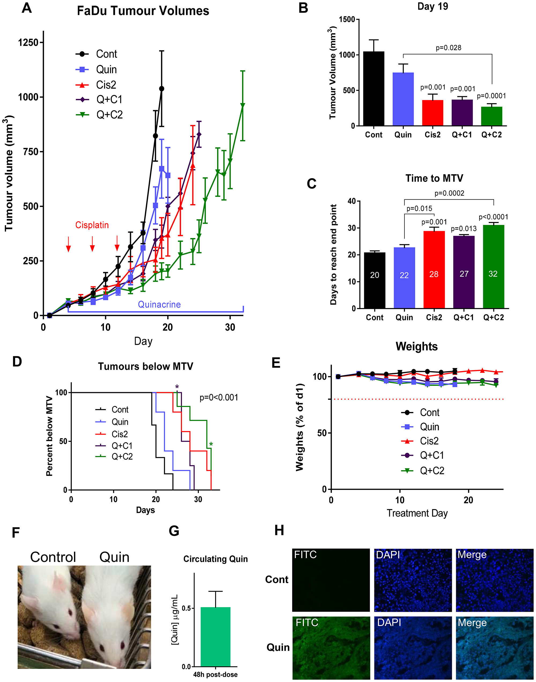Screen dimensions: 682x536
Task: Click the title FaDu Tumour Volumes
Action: (143, 11)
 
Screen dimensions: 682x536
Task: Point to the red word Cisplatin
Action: (92, 225)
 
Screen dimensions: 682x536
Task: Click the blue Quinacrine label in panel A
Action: (159, 305)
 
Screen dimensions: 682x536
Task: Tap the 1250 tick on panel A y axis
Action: (28, 42)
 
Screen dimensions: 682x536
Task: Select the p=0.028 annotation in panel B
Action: (448, 48)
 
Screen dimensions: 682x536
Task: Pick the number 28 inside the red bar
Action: (434, 274)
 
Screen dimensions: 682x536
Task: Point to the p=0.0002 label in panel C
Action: (449, 193)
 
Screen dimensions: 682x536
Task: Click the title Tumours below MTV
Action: (145, 366)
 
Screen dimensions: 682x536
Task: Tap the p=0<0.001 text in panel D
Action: (219, 398)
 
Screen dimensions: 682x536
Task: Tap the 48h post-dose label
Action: (215, 674)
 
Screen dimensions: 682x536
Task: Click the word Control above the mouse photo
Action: (53, 557)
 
